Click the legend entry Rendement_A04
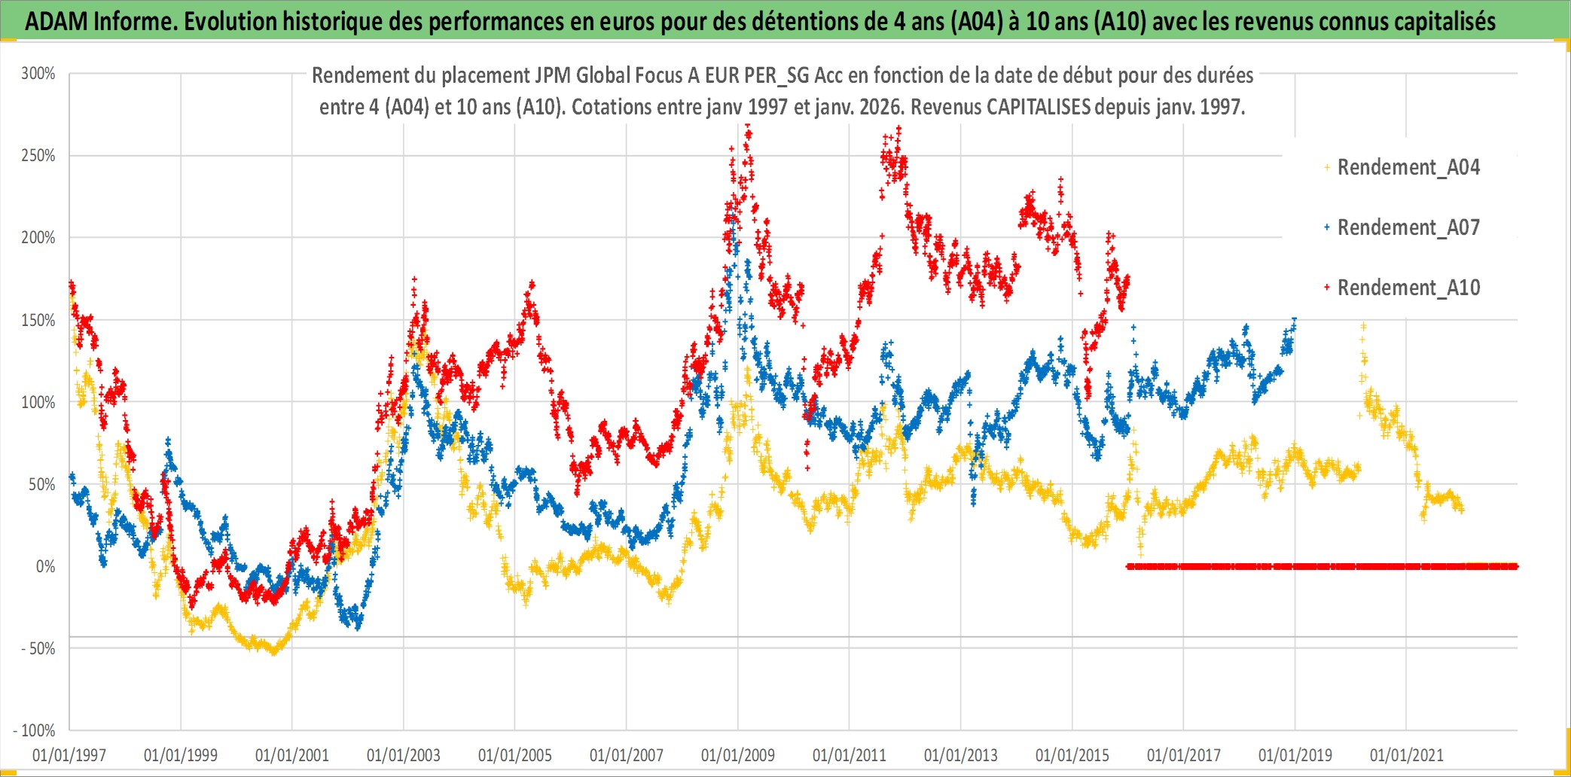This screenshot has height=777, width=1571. pyautogui.click(x=1408, y=167)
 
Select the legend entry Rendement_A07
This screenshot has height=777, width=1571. pyautogui.click(x=1408, y=227)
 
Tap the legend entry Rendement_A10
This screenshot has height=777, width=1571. pyautogui.click(x=1408, y=288)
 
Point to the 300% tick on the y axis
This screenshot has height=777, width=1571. pyautogui.click(x=38, y=74)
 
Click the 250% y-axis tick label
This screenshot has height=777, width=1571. pyautogui.click(x=38, y=156)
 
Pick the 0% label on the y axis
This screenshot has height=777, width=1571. pyautogui.click(x=45, y=567)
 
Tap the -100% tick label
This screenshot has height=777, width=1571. pyautogui.click(x=35, y=731)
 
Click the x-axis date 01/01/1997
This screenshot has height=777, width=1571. pyautogui.click(x=69, y=755)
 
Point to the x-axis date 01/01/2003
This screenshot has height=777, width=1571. pyautogui.click(x=404, y=755)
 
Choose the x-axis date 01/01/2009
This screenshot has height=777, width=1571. pyautogui.click(x=738, y=755)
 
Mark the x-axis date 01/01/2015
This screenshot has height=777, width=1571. pyautogui.click(x=1072, y=755)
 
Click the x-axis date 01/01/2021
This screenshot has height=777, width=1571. pyautogui.click(x=1407, y=755)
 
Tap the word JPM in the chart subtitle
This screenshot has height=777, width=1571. pyautogui.click(x=553, y=75)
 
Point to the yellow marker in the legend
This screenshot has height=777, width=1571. pyautogui.click(x=1327, y=167)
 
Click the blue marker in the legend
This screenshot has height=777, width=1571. pyautogui.click(x=1327, y=227)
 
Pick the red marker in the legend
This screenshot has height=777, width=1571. pyautogui.click(x=1327, y=288)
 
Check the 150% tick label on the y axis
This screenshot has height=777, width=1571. pyautogui.click(x=38, y=321)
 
